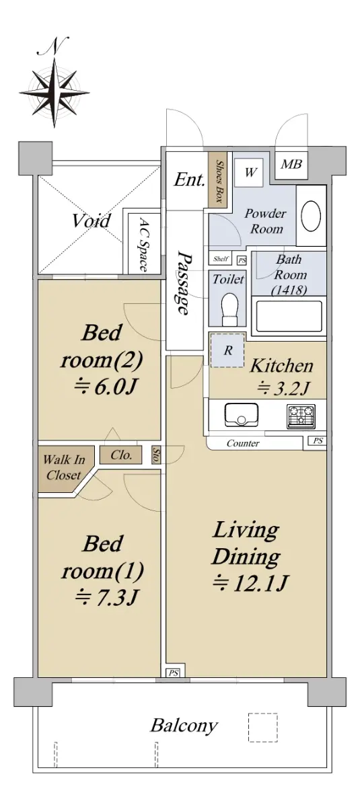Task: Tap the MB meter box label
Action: click(291, 164)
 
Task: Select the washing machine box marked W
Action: click(249, 173)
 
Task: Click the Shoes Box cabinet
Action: click(217, 181)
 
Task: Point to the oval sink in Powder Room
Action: click(311, 215)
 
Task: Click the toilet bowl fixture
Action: click(229, 309)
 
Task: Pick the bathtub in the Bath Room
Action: click(288, 316)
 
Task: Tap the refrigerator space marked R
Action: click(227, 350)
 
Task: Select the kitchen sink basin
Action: click(241, 414)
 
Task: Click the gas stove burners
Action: click(301, 416)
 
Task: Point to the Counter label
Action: click(243, 443)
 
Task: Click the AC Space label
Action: click(143, 244)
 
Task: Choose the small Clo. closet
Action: click(121, 455)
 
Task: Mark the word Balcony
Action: click(184, 724)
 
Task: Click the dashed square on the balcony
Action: click(262, 727)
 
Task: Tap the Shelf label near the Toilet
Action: click(221, 259)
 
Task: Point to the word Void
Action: click(91, 221)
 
